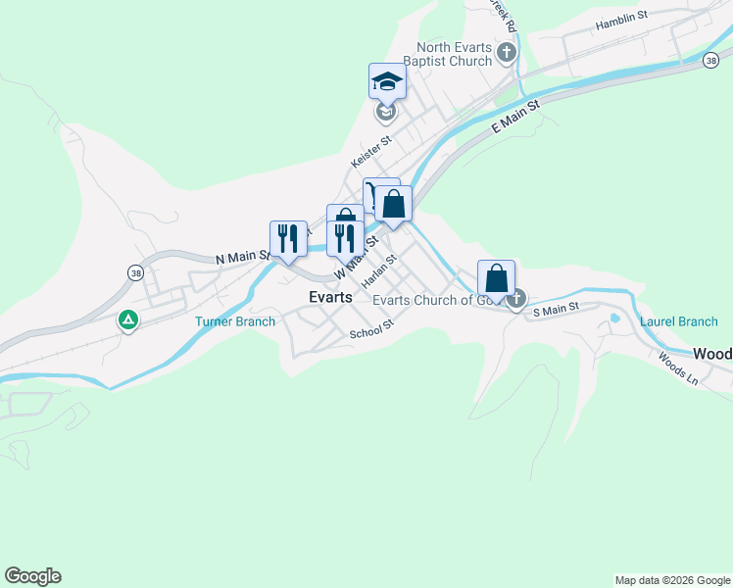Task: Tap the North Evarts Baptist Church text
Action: point(454,54)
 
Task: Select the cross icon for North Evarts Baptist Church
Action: point(506,53)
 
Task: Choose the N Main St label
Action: point(242,259)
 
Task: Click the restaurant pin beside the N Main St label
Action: point(287,239)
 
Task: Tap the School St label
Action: point(371,331)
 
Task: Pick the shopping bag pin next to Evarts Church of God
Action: point(497,278)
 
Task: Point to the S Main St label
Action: point(556,309)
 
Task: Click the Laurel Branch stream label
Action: point(678,321)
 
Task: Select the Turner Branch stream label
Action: point(235,321)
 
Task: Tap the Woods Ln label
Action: point(678,368)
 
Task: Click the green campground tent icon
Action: point(127,319)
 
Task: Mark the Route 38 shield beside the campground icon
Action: point(134,271)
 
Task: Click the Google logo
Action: point(32,576)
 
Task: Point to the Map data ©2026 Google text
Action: point(671,580)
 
